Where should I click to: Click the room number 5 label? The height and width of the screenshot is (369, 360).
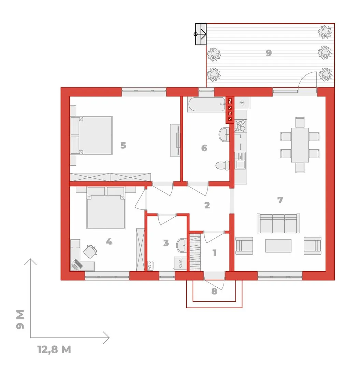[x=123, y=146]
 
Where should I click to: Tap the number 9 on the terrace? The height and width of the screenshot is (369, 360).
[x=269, y=53]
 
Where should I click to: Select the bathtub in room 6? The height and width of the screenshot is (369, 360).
[x=207, y=104]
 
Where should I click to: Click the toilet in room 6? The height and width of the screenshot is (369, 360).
[x=222, y=165]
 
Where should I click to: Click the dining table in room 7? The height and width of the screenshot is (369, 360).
[x=300, y=145]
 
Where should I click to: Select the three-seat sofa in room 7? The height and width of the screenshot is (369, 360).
[x=278, y=223]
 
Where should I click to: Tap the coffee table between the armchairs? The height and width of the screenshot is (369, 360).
[x=278, y=246]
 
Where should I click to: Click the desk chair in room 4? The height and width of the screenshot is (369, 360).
[x=90, y=251]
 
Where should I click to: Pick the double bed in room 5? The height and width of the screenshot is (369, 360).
[x=92, y=135]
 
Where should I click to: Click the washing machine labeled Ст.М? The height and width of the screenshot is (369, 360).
[x=181, y=263]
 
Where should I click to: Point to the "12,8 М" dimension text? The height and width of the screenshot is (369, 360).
[x=54, y=350]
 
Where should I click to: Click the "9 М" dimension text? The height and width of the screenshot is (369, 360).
[x=20, y=320]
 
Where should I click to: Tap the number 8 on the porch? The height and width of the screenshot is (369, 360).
[x=214, y=291]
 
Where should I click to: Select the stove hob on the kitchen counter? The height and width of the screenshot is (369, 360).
[x=240, y=126]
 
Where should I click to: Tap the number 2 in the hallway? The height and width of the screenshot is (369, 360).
[x=207, y=205]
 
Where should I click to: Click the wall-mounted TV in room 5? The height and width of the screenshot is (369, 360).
[x=178, y=140]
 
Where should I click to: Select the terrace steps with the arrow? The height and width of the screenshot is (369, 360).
[x=201, y=34]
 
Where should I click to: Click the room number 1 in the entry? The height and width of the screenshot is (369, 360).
[x=214, y=253]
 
